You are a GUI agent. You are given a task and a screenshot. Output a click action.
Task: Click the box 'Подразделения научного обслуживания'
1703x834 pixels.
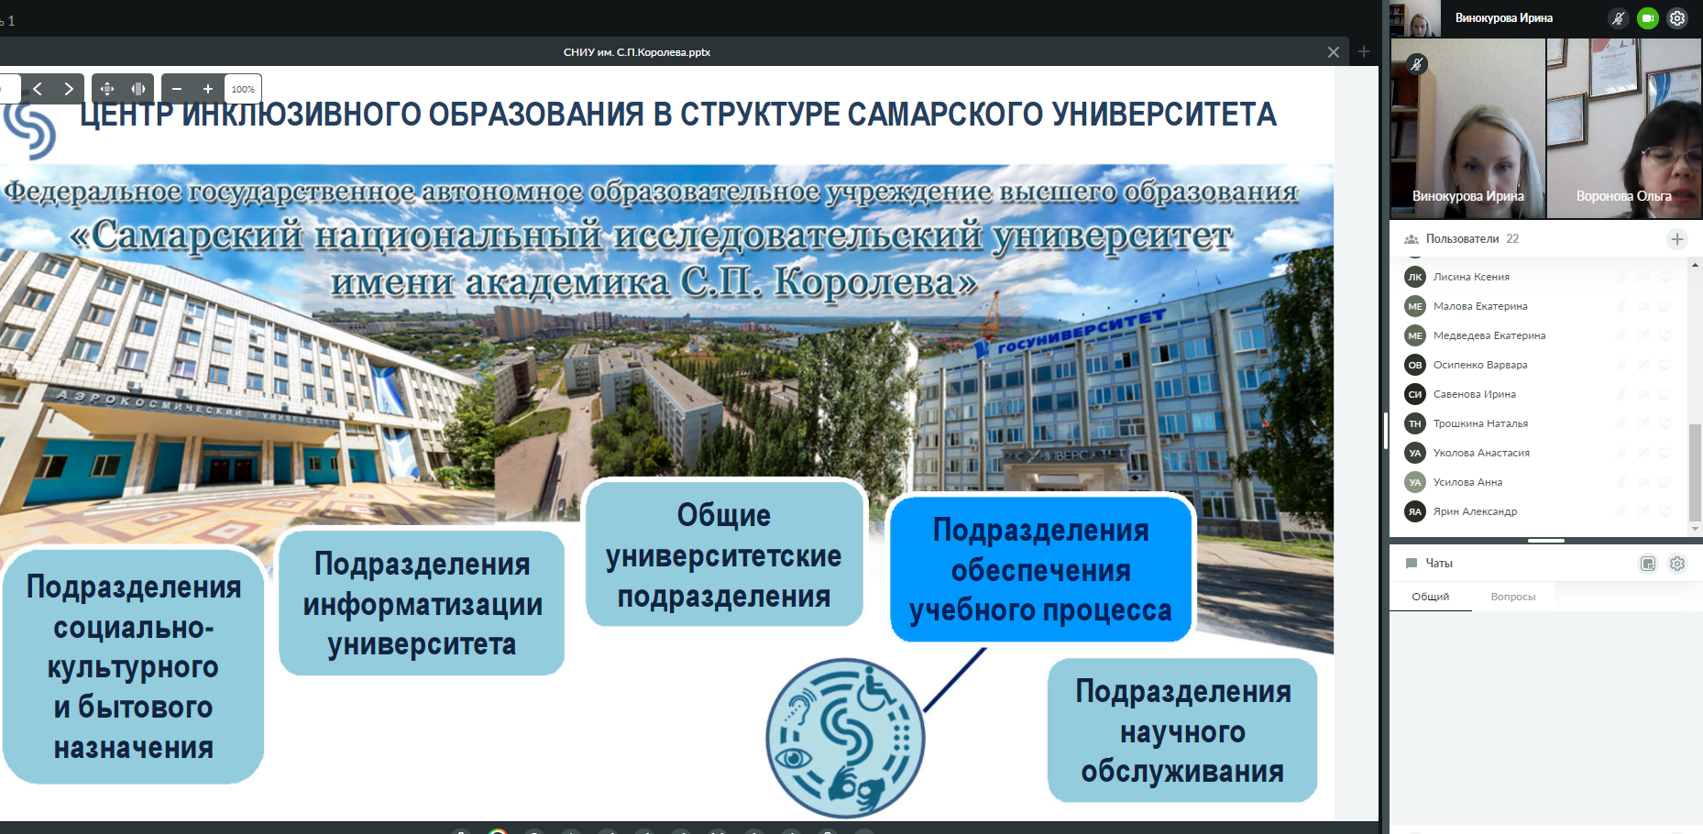[x=1182, y=730]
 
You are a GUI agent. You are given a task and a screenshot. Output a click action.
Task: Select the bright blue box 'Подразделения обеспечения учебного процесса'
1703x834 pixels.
[x=1041, y=568]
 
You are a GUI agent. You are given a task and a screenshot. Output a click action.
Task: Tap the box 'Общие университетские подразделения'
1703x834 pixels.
[x=724, y=554]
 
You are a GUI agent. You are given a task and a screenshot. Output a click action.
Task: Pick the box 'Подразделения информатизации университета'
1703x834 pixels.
[x=422, y=603]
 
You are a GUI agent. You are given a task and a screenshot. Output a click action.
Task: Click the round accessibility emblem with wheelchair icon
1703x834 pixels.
[x=845, y=738]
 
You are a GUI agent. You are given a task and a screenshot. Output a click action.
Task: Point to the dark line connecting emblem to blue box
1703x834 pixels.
[x=955, y=679]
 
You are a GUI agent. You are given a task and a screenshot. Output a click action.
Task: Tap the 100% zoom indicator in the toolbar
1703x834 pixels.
[x=243, y=89]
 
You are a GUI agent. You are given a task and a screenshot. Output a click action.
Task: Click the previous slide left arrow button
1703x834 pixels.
[x=38, y=89]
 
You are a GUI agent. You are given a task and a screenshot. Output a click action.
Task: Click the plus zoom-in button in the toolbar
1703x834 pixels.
[x=208, y=89]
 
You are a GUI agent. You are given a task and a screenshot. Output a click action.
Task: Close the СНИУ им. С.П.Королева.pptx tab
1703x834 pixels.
[x=1334, y=52]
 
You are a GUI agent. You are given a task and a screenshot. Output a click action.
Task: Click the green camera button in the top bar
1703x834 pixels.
[x=1648, y=18]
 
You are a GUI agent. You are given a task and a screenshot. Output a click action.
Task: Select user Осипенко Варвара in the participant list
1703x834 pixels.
[x=1480, y=365]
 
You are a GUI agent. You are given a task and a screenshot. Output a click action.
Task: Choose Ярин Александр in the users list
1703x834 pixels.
[x=1475, y=511]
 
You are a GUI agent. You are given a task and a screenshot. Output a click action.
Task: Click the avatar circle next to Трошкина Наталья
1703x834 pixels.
[x=1415, y=423]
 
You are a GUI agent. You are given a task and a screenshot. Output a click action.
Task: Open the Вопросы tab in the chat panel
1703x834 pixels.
[x=1512, y=597]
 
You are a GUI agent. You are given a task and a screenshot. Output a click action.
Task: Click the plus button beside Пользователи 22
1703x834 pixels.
[x=1677, y=239]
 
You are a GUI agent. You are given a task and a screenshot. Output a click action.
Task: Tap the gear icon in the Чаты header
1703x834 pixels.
[x=1677, y=564]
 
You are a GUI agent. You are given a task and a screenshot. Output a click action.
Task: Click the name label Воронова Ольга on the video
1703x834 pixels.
[x=1623, y=196]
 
